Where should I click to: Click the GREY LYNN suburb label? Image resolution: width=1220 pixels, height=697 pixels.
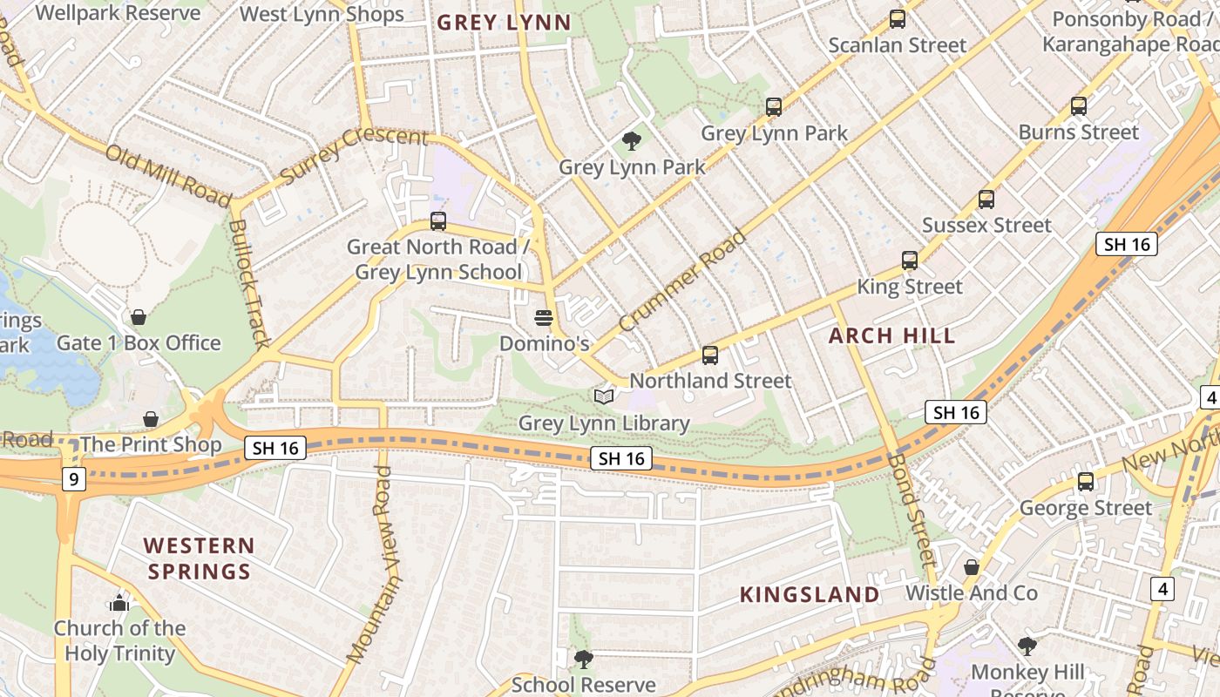click(x=504, y=23)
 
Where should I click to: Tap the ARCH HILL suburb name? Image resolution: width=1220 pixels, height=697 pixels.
click(x=891, y=336)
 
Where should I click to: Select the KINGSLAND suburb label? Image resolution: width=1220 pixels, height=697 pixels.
click(x=810, y=595)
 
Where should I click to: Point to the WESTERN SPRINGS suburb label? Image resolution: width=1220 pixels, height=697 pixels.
click(x=200, y=558)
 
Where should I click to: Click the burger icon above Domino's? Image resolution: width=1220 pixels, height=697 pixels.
click(x=544, y=317)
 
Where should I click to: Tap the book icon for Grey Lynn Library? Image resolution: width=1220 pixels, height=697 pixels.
click(x=603, y=397)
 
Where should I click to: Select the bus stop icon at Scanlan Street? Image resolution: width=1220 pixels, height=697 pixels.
click(x=897, y=19)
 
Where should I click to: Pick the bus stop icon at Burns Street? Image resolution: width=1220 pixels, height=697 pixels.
click(x=1078, y=106)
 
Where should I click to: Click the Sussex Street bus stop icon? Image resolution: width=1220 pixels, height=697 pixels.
click(x=986, y=200)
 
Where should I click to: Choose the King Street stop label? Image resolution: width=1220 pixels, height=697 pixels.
click(x=910, y=287)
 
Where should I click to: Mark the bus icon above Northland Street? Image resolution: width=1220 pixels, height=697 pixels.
click(x=710, y=355)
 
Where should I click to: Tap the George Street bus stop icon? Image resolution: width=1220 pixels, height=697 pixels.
click(x=1085, y=482)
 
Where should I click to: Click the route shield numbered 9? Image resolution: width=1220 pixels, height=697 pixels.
click(x=74, y=478)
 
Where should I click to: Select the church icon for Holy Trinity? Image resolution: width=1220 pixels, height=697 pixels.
click(x=119, y=603)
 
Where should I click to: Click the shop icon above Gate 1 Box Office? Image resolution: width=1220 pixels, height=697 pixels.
click(x=138, y=317)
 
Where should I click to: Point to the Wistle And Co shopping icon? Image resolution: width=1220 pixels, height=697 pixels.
click(x=972, y=568)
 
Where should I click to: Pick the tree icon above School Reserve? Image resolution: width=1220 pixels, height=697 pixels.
click(x=583, y=659)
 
